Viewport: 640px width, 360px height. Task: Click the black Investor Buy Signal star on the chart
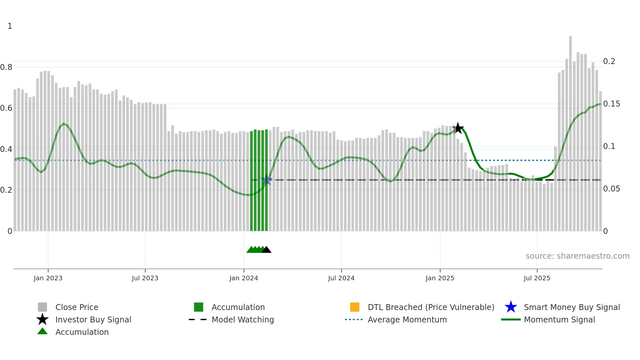coord(458,128)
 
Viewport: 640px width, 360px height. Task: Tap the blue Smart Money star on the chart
coord(266,180)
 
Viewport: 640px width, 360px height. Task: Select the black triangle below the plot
coord(266,250)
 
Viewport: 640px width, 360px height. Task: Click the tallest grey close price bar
coord(570,131)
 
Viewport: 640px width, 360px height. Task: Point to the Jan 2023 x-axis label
coord(48,278)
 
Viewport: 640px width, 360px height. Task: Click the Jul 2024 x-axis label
coord(341,278)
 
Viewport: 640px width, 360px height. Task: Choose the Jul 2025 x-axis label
coord(537,278)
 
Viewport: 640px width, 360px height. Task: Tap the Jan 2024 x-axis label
coord(244,278)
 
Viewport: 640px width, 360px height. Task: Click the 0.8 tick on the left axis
coord(7,67)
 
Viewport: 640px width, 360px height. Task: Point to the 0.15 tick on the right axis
coord(611,104)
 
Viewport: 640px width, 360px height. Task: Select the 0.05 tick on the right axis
coord(611,189)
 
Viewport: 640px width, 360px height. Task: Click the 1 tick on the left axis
coord(10,26)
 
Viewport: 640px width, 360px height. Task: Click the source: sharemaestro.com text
coord(577,256)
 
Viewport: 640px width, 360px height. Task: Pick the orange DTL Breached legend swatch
coord(355,307)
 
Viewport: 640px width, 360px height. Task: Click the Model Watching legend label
coord(243,320)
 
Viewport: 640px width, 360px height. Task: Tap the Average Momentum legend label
coord(407,320)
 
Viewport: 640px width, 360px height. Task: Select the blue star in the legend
coord(511,307)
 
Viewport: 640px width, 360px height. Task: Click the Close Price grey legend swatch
coord(42,307)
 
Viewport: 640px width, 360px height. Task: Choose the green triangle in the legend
coord(42,332)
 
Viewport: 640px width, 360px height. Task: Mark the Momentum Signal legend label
coord(559,320)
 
